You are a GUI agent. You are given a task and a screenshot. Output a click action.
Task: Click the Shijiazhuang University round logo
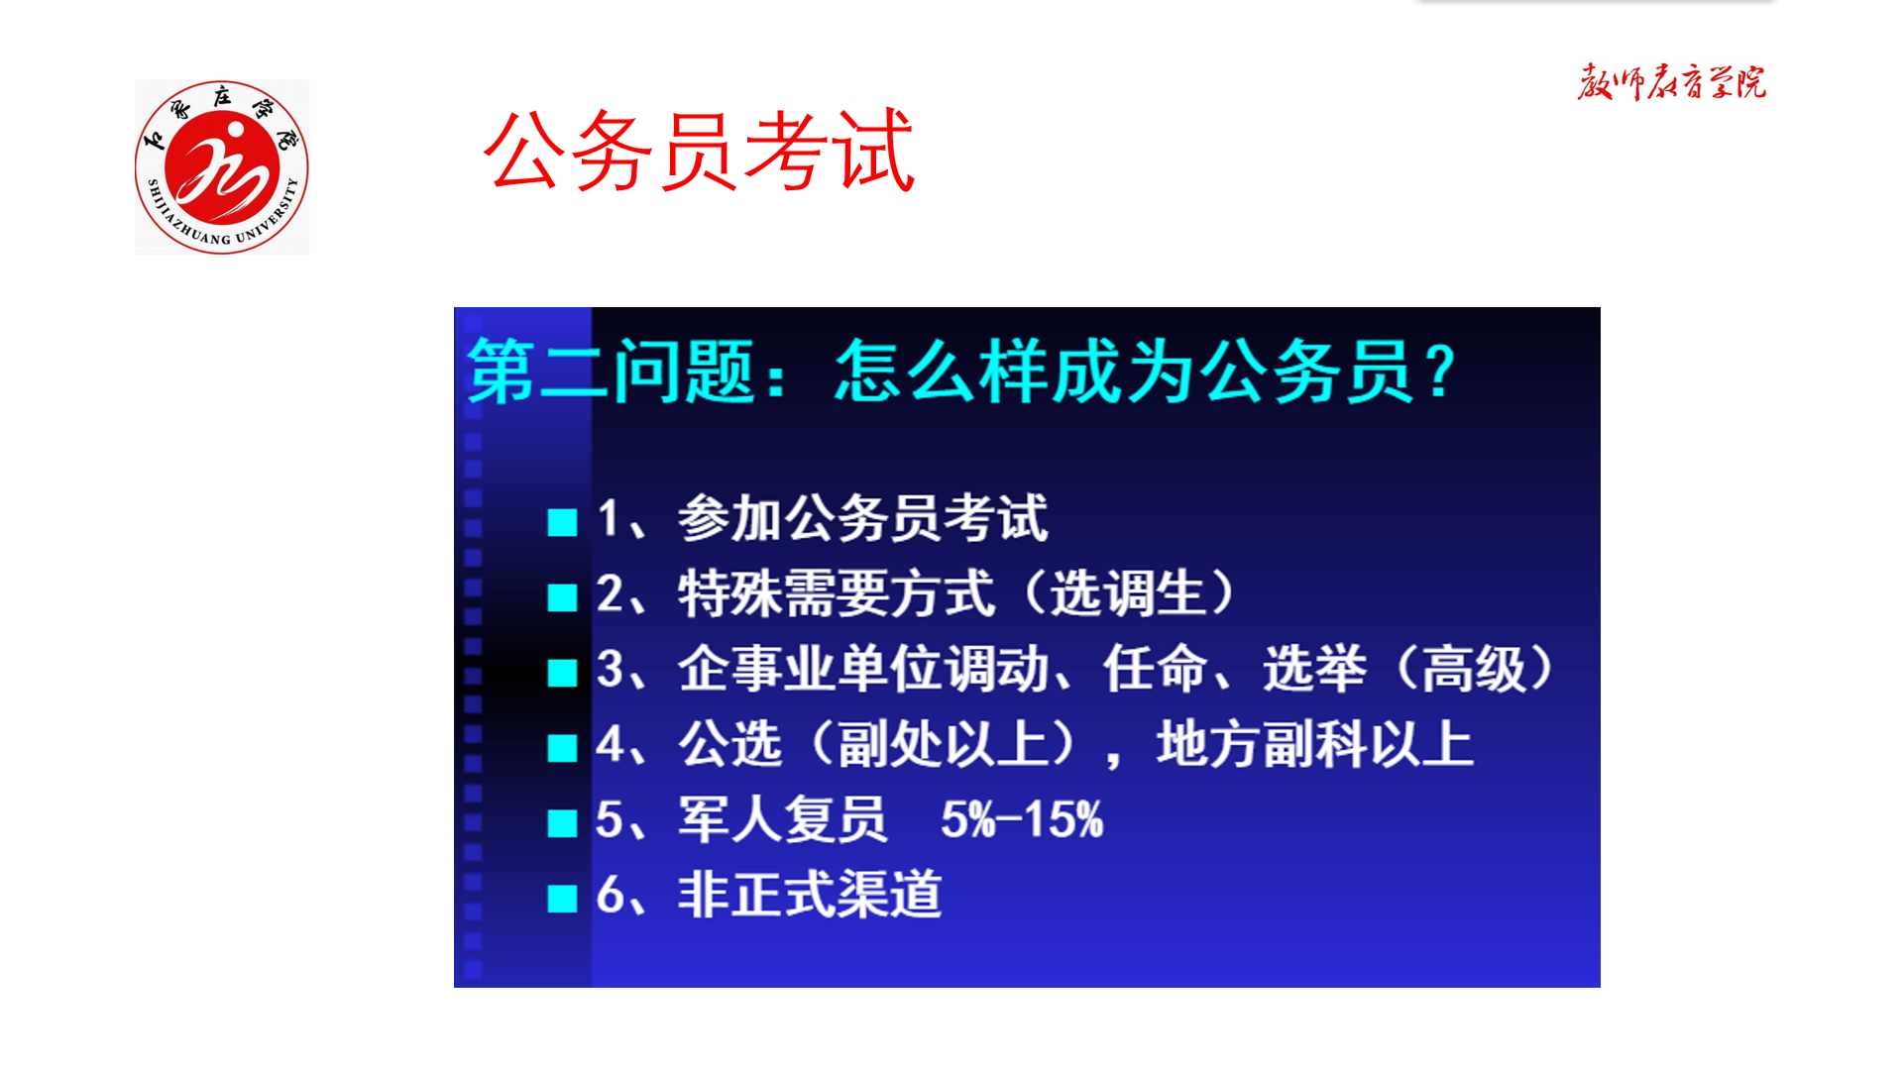pos(222,166)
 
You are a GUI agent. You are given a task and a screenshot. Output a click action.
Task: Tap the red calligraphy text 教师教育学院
pos(1671,82)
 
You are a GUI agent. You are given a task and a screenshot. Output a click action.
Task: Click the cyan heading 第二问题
pos(612,372)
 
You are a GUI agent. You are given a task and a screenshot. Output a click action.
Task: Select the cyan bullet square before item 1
pos(562,522)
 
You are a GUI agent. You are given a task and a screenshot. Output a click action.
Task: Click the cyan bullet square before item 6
pos(562,899)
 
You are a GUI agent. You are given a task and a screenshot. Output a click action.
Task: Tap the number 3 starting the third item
pos(610,669)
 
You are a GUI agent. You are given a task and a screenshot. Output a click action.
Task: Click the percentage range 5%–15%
pos(1022,819)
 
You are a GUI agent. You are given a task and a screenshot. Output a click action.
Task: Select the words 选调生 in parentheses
pos(1129,593)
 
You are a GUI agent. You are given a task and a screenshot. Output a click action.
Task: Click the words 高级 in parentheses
pos(1475,669)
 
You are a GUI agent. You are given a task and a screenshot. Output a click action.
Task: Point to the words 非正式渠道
pos(810,895)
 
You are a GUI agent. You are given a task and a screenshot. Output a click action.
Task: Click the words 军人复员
pos(783,819)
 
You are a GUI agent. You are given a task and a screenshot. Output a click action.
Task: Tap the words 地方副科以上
pos(1314,744)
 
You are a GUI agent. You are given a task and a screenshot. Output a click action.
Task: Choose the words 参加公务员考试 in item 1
pos(863,518)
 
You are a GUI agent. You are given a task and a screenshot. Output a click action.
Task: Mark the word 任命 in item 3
pos(1156,669)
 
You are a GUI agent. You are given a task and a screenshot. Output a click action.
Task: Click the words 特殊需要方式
pos(836,593)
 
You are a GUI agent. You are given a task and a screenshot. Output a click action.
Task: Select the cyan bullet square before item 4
pos(562,748)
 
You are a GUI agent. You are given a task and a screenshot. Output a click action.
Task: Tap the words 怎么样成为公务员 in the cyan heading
pos(1123,372)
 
